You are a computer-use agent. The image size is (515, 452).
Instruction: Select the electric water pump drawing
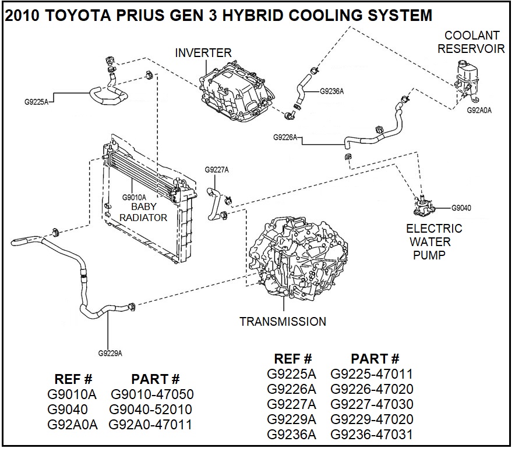[423, 207]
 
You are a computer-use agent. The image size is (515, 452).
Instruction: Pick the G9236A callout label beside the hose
[332, 91]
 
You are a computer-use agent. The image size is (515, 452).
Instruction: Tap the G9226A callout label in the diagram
[285, 137]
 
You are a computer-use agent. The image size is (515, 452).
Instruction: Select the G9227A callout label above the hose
[217, 170]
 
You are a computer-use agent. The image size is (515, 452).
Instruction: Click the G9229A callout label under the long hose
[110, 353]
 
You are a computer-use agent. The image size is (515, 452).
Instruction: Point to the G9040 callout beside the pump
[461, 208]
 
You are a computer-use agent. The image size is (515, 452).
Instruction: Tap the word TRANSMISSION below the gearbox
[283, 321]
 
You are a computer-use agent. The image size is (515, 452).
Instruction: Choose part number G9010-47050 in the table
[152, 394]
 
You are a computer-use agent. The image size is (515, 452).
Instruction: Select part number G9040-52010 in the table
[151, 410]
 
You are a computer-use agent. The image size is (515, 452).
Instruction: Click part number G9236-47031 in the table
[371, 435]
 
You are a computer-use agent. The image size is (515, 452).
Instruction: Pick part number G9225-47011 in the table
[371, 373]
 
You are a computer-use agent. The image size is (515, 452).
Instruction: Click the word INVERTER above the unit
[203, 53]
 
